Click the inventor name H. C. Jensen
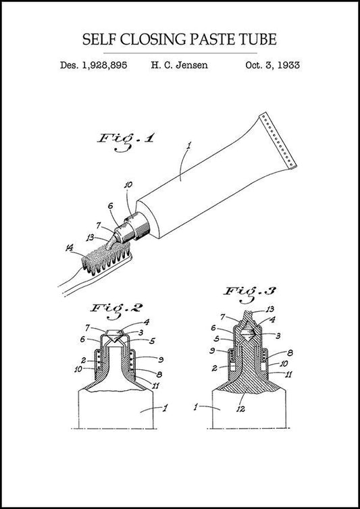[179, 65]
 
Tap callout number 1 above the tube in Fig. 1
[189, 144]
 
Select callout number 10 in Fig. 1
[128, 184]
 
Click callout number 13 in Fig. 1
[90, 237]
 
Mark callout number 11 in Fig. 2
[157, 385]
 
